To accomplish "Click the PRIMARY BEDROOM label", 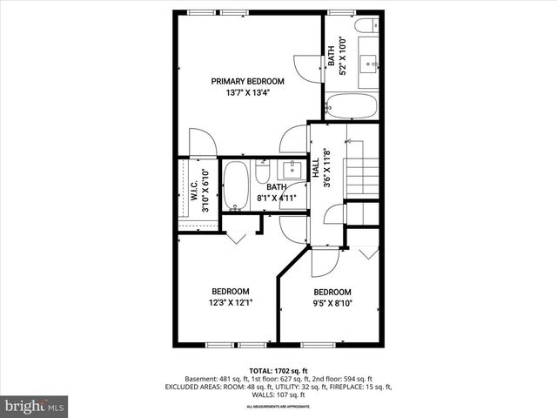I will coord(248,81).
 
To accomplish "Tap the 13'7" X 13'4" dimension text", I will coord(248,92).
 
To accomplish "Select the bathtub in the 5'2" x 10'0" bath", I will coord(352,106).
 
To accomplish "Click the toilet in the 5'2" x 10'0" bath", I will coord(369,24).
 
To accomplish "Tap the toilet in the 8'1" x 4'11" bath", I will coord(263,172).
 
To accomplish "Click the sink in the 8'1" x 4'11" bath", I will coord(292,168).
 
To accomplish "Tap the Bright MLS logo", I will coord(35,406).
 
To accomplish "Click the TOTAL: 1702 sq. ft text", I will coord(278,370).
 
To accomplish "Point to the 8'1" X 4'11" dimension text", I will coord(277,198).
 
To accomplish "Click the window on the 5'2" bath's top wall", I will coord(339,10).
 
